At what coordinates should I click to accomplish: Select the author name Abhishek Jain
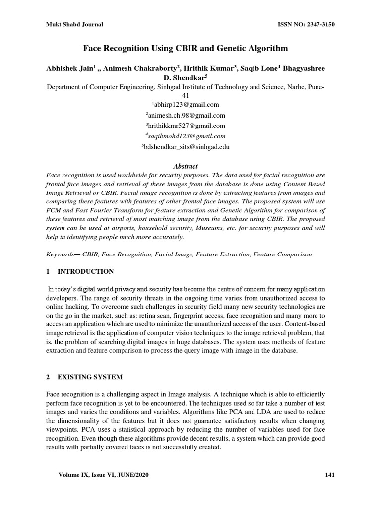[x=66, y=68]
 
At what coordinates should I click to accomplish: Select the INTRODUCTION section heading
[x=86, y=271]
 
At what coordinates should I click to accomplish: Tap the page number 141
[x=330, y=475]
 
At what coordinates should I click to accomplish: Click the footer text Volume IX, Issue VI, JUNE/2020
[x=103, y=475]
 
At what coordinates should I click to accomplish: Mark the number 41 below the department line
[x=186, y=95]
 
